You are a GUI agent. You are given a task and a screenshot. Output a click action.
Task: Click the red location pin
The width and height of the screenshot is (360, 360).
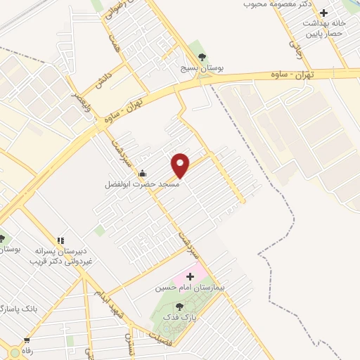pyautogui.click(x=181, y=165)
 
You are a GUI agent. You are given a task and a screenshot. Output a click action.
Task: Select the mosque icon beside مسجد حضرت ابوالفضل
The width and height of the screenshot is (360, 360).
pyautogui.click(x=143, y=174)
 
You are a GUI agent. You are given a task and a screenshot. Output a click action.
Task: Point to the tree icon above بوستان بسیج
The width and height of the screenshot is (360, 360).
pyautogui.click(x=202, y=56)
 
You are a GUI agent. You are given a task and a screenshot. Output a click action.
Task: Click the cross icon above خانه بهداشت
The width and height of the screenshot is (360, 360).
pyautogui.click(x=323, y=13)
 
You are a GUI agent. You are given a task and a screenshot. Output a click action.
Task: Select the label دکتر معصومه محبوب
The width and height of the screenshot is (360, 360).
pyautogui.click(x=276, y=4)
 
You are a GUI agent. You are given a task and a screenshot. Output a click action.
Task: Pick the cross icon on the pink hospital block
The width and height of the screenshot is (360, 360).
pyautogui.click(x=189, y=277)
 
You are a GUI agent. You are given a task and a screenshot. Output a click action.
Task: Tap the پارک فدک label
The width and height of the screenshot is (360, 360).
pyautogui.click(x=179, y=317)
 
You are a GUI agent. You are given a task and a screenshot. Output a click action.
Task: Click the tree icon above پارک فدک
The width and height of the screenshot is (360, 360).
pyautogui.click(x=179, y=307)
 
